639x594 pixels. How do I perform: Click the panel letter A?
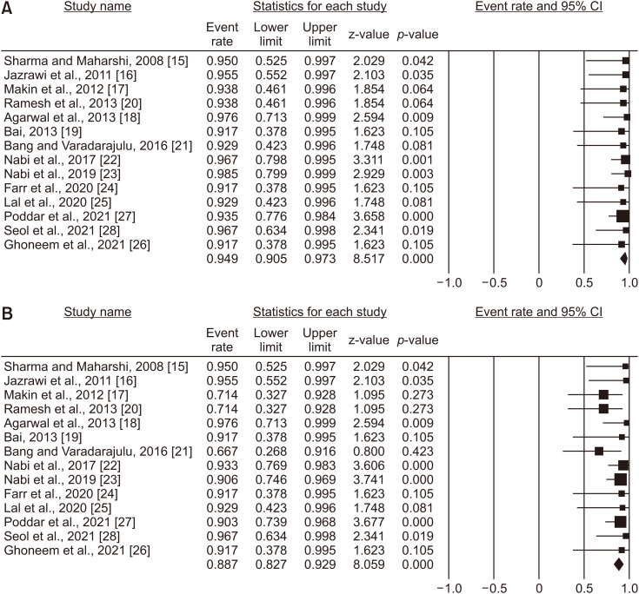pyautogui.click(x=8, y=8)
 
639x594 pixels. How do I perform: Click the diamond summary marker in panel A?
pyautogui.click(x=623, y=259)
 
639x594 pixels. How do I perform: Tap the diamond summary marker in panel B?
pyautogui.click(x=618, y=563)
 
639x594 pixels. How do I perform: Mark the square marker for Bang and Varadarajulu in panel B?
pyautogui.click(x=598, y=452)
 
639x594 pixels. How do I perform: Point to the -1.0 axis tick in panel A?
pyautogui.click(x=447, y=282)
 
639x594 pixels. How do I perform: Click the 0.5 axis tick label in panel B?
pyautogui.click(x=584, y=586)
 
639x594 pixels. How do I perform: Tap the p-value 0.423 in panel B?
pyautogui.click(x=417, y=452)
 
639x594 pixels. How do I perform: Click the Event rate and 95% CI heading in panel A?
pyautogui.click(x=540, y=9)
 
